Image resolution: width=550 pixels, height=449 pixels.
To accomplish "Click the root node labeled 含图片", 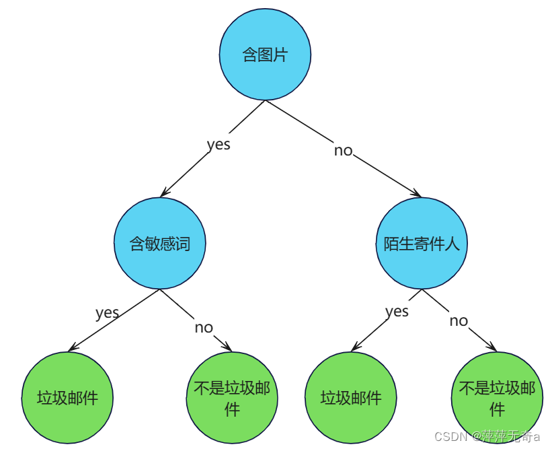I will tap(265, 55).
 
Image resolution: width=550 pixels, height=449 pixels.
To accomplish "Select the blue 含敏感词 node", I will tap(159, 243).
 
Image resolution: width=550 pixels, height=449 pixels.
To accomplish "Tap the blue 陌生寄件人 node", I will tap(422, 243).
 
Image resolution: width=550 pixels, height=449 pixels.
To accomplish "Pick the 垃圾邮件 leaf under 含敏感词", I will tap(67, 397).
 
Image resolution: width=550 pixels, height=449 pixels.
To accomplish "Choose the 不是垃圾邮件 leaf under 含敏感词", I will tap(232, 397).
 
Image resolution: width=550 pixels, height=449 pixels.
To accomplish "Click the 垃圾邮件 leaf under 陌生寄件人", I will tap(351, 397).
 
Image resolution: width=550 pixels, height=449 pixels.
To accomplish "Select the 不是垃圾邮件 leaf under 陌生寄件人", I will tap(497, 397).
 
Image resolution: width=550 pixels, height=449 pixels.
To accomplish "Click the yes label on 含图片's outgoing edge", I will tap(219, 144).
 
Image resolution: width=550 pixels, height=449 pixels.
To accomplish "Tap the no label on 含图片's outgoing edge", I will tap(343, 150).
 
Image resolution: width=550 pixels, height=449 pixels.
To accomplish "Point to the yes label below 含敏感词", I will tap(107, 312).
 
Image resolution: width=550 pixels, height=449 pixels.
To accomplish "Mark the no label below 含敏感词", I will tap(204, 327).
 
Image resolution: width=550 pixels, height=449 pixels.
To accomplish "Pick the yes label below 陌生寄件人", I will tap(397, 310).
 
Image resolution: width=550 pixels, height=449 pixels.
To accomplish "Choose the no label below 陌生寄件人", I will tap(459, 320).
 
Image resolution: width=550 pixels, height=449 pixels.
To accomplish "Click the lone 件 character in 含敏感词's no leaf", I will tap(232, 409).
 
